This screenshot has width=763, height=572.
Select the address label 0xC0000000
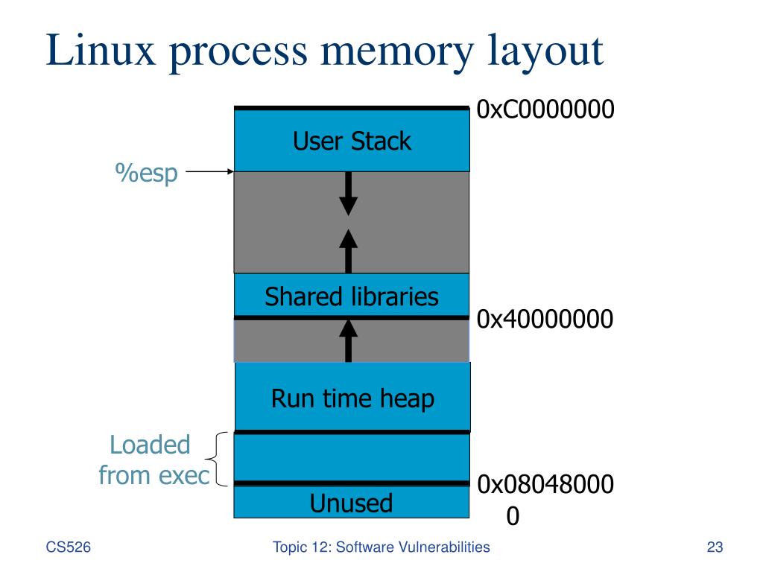coord(545,110)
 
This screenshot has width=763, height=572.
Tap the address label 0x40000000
coord(545,320)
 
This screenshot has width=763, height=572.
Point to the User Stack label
coord(352,141)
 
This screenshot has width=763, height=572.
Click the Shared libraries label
coord(352,297)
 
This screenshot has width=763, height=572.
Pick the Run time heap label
coord(352,398)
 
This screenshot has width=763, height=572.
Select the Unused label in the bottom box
coord(351,503)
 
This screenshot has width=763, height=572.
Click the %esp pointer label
coord(146,173)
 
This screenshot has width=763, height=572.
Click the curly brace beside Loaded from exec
coord(218,459)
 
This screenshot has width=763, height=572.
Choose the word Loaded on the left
coord(150,445)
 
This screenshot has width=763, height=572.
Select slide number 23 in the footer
coord(715,548)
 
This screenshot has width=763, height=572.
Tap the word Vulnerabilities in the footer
coord(446,548)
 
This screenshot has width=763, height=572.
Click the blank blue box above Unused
coord(352,457)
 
